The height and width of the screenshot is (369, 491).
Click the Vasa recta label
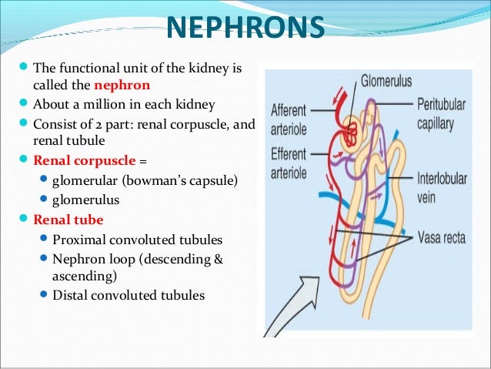[x=441, y=237]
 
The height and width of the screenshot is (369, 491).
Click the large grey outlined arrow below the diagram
[x=296, y=308]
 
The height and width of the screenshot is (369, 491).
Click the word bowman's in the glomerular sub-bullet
[x=152, y=181]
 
